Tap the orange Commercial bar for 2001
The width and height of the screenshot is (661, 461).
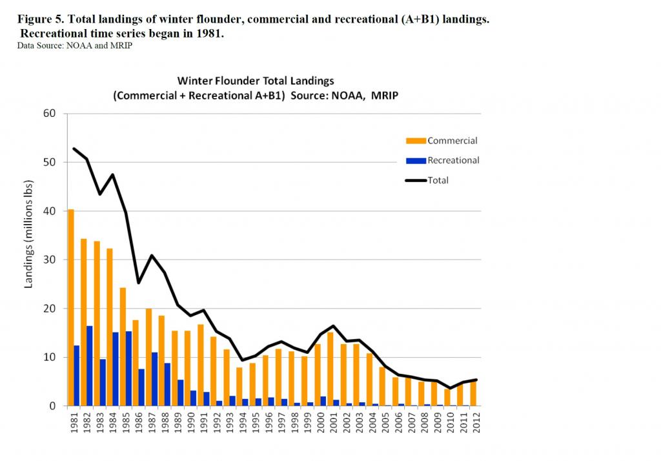coord(330,369)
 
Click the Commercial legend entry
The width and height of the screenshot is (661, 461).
coord(452,141)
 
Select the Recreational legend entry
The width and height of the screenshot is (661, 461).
coord(453,160)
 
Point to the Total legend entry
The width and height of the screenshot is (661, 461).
coord(438,180)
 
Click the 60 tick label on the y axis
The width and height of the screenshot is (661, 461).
coord(50,114)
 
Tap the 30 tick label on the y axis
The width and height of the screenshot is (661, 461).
coord(50,260)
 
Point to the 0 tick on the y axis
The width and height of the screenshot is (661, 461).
coord(54,406)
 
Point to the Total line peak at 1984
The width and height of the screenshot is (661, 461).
coord(113,174)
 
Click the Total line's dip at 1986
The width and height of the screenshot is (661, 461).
coord(139,282)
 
